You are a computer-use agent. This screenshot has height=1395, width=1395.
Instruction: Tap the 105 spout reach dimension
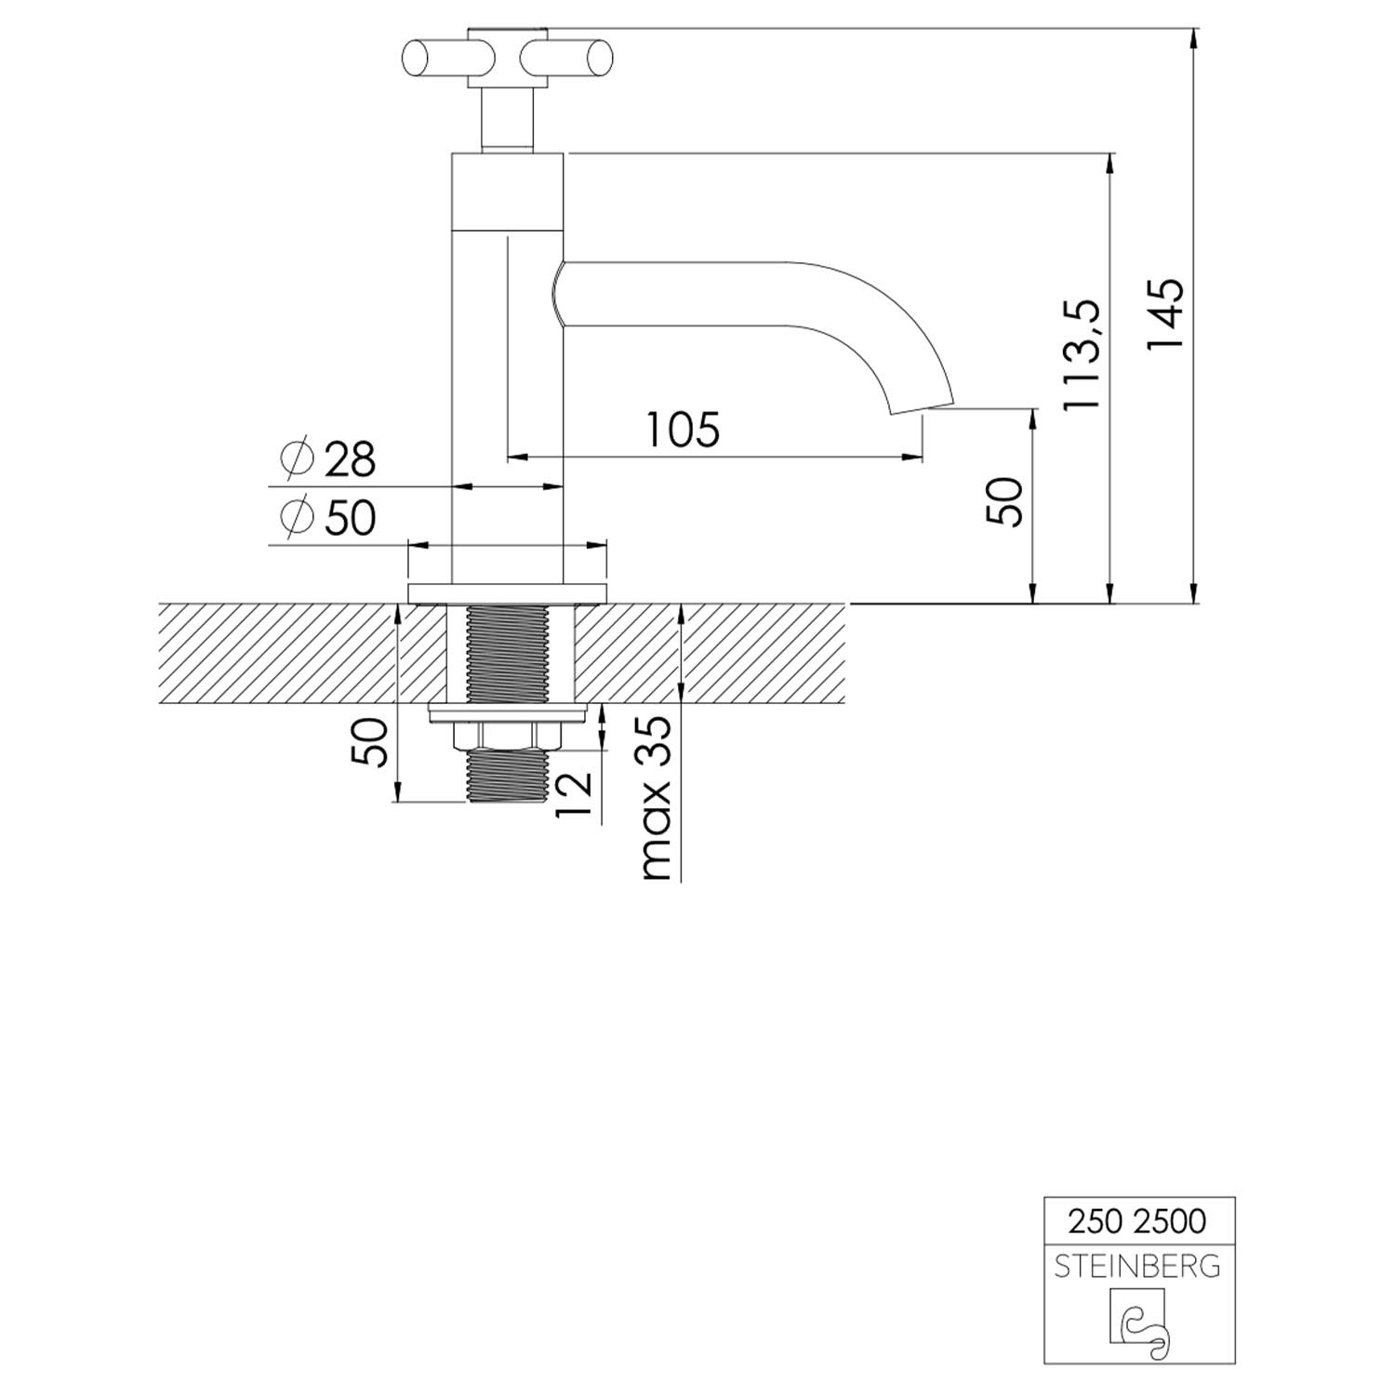click(x=684, y=430)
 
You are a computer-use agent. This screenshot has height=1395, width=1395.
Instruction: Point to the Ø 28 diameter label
click(x=327, y=458)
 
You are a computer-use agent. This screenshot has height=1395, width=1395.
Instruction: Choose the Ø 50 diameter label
click(x=327, y=517)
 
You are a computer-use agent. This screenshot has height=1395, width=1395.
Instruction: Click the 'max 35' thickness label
click(x=656, y=798)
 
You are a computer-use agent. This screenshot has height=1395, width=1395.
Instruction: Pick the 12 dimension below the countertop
click(x=574, y=793)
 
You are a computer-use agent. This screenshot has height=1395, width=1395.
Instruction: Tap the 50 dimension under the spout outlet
click(x=1004, y=501)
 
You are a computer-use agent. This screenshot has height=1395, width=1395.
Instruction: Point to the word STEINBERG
click(x=1136, y=1266)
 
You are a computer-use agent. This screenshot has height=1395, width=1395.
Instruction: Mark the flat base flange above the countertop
click(x=507, y=592)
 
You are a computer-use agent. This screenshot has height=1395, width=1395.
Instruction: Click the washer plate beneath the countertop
click(x=508, y=714)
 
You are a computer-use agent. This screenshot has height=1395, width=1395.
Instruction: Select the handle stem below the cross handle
click(x=506, y=119)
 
